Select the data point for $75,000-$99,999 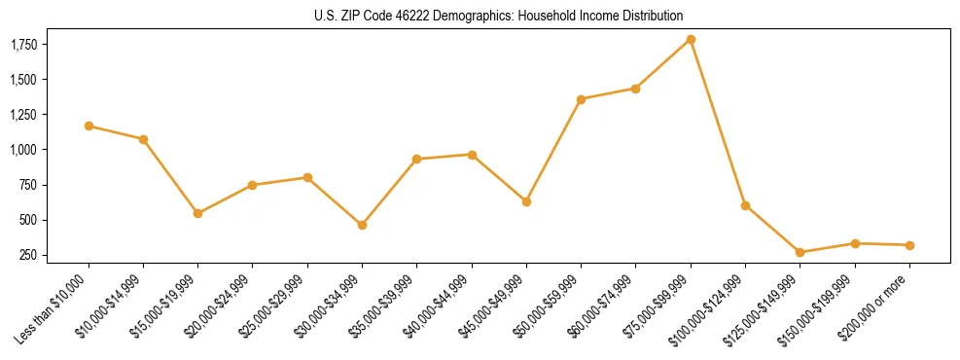pos(691,40)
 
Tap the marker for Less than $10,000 pos(89,126)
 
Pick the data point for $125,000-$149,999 pos(800,252)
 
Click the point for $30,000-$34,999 pos(362,225)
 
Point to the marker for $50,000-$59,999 pos(581,99)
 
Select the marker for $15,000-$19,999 pos(197,213)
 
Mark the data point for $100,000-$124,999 pos(745,205)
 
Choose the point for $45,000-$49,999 pos(526,201)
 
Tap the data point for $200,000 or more pos(909,245)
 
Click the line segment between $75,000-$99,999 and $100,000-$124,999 pos(718,123)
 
